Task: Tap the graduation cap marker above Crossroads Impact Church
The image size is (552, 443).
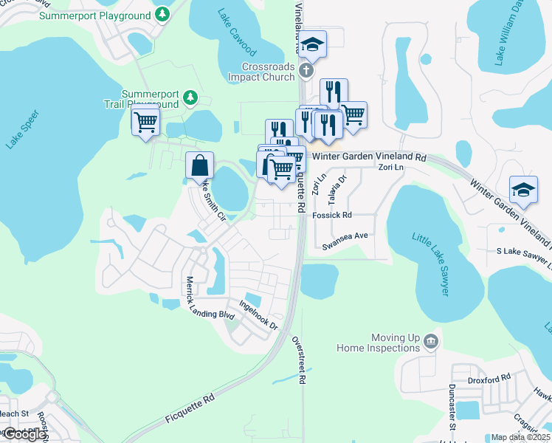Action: (x=312, y=45)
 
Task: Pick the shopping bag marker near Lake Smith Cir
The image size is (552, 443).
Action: (x=200, y=165)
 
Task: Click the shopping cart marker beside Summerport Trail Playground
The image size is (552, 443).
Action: (x=145, y=121)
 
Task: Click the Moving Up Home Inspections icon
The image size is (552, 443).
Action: (x=431, y=341)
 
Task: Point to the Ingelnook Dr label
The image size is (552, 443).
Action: (x=258, y=315)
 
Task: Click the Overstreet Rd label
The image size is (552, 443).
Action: (x=300, y=360)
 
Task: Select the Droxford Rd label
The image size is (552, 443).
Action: (x=489, y=380)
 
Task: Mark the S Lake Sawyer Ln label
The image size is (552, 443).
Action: (x=523, y=257)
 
